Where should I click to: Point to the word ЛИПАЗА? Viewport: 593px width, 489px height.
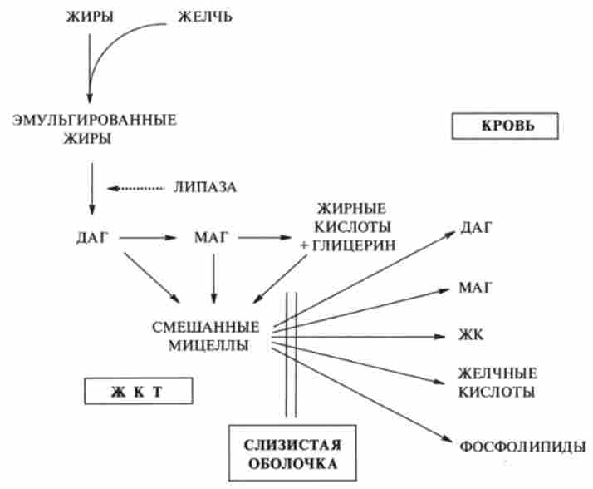[205, 188]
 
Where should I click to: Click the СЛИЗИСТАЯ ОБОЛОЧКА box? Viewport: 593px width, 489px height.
[287, 449]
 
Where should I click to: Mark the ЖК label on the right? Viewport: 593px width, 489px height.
[468, 337]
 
